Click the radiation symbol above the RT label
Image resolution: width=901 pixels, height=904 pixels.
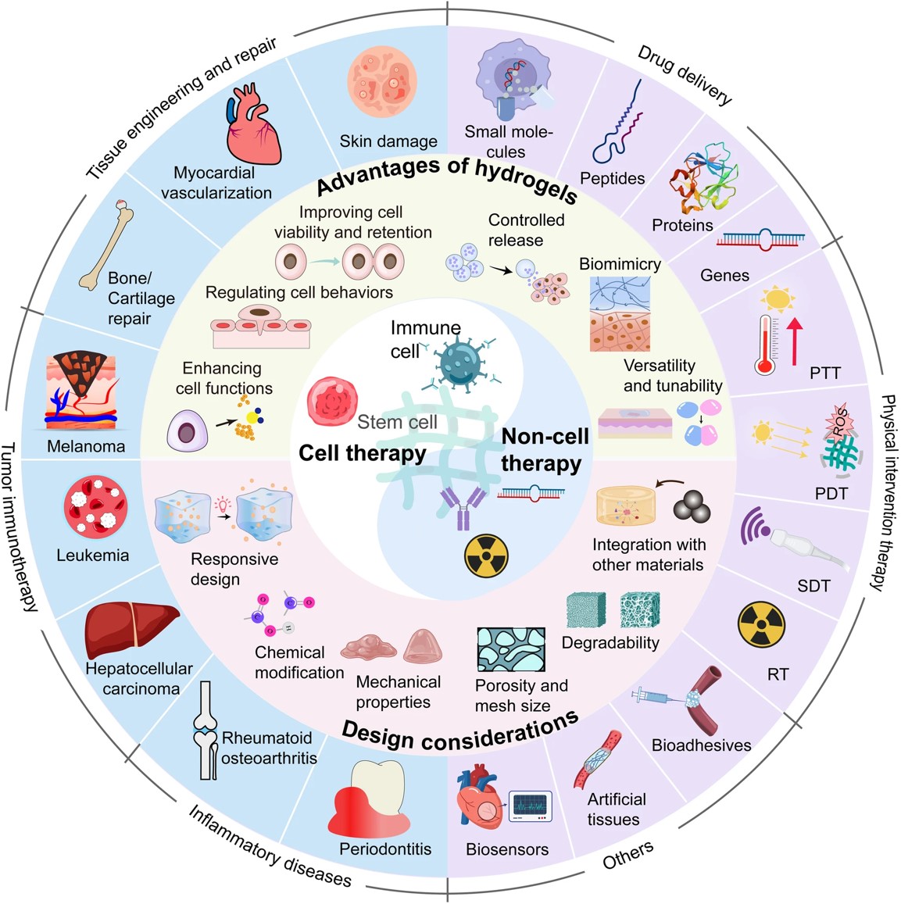761,624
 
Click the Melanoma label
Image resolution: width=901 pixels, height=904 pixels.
86,447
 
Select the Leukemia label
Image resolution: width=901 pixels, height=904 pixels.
92,556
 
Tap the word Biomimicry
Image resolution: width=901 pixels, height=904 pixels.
619,264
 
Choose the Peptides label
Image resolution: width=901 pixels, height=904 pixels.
612,179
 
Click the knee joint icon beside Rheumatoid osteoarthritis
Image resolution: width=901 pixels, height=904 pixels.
207,731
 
